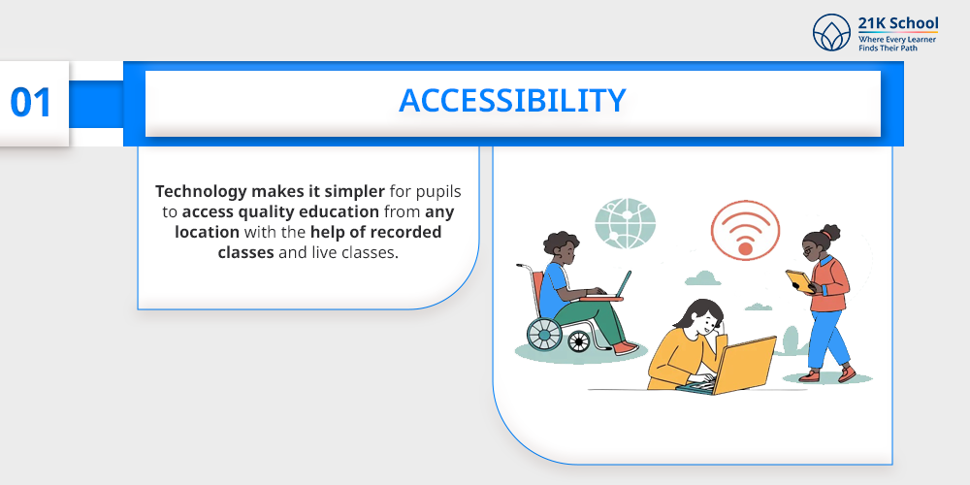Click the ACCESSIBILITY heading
tap(512, 101)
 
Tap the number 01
tap(31, 103)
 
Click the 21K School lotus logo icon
tap(831, 32)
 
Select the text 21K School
tap(897, 23)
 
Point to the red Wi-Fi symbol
tap(745, 230)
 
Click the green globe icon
tap(625, 223)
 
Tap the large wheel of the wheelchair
tap(544, 334)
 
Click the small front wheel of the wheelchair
tap(579, 340)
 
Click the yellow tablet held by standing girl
tap(799, 281)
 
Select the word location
tap(207, 232)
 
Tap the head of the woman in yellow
tap(701, 317)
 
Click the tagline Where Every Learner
tap(897, 40)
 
